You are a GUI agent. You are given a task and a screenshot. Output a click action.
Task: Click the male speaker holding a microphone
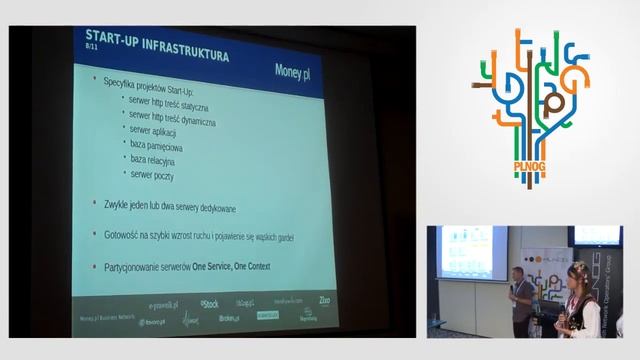pos(521,301)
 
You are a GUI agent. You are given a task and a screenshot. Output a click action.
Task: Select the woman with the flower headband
pos(577,300)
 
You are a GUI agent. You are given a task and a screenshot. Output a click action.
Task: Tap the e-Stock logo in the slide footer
pos(209,303)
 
